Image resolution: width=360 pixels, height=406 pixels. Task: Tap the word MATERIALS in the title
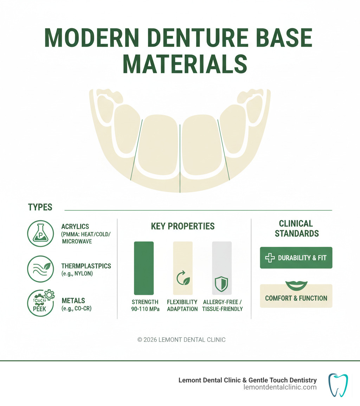pyautogui.click(x=185, y=64)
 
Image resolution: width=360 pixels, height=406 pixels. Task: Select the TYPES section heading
pyautogui.click(x=40, y=207)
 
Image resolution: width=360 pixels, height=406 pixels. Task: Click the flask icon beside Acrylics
pyautogui.click(x=41, y=233)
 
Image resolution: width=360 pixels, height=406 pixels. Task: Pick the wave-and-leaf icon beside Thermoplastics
pyautogui.click(x=41, y=269)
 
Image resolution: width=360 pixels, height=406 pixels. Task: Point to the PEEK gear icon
pyautogui.click(x=41, y=303)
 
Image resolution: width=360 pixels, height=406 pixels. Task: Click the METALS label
pyautogui.click(x=73, y=300)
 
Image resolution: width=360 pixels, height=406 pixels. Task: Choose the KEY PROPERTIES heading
pyautogui.click(x=183, y=226)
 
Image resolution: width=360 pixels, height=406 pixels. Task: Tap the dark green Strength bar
pyautogui.click(x=144, y=268)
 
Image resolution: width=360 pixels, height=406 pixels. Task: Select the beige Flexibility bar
pyautogui.click(x=183, y=268)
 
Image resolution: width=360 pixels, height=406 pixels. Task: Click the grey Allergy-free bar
pyautogui.click(x=221, y=268)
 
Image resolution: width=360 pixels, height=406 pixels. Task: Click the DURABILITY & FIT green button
pyautogui.click(x=296, y=258)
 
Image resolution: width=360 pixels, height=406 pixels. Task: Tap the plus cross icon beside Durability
pyautogui.click(x=270, y=258)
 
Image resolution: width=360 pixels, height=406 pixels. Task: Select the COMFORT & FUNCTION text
pyautogui.click(x=296, y=298)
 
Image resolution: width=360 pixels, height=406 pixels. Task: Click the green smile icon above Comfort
pyautogui.click(x=296, y=285)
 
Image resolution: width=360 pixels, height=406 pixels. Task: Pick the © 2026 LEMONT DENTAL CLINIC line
pyautogui.click(x=181, y=340)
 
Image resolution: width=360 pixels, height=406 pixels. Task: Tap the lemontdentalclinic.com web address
pyautogui.click(x=280, y=387)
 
